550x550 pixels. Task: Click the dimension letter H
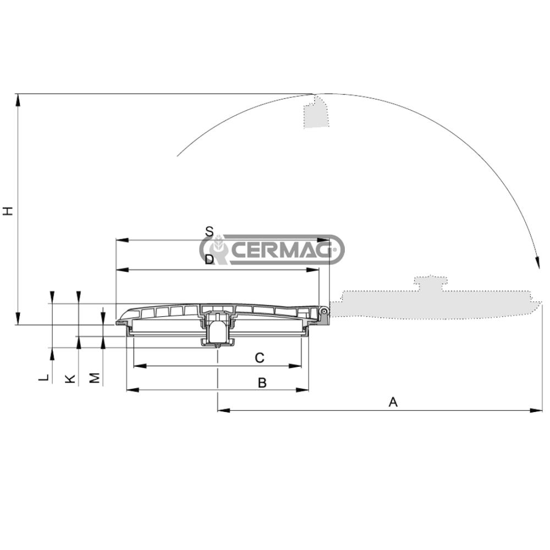click(7, 211)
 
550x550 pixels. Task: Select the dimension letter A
click(393, 403)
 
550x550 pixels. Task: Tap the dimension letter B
click(262, 383)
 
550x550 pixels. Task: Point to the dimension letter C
click(260, 358)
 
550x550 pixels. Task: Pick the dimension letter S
click(209, 232)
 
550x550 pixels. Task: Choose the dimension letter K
click(70, 378)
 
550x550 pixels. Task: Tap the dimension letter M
click(95, 378)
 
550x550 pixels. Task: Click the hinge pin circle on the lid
click(325, 312)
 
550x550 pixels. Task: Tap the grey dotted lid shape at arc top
click(316, 113)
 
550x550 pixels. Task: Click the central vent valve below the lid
click(218, 330)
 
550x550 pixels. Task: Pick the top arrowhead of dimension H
click(18, 98)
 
